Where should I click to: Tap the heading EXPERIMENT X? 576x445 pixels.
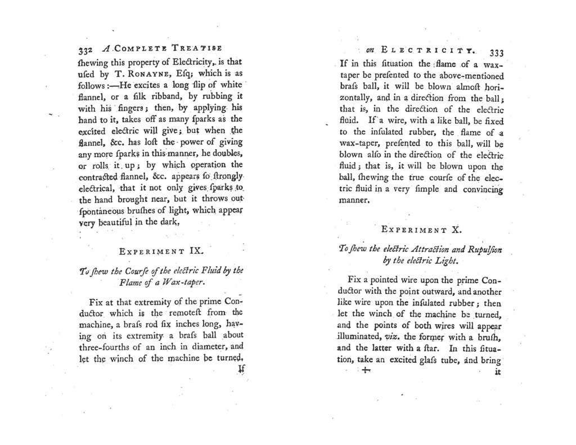421,230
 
